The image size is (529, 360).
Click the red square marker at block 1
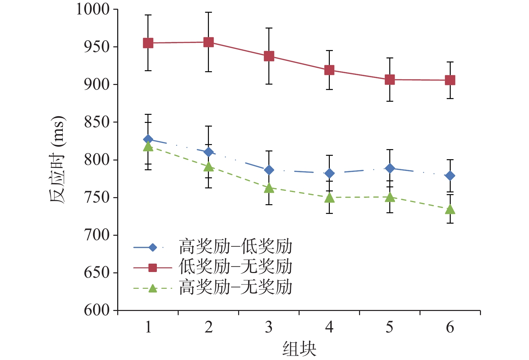pyautogui.click(x=148, y=43)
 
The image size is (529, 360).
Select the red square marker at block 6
pyautogui.click(x=450, y=80)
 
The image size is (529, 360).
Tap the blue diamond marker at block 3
pyautogui.click(x=269, y=170)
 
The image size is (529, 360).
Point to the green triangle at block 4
pyautogui.click(x=329, y=198)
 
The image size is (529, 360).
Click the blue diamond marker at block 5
pyautogui.click(x=390, y=168)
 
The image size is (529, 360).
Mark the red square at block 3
pyautogui.click(x=269, y=56)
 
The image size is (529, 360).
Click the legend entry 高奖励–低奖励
pyautogui.click(x=235, y=247)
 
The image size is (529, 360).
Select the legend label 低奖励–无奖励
pyautogui.click(x=235, y=267)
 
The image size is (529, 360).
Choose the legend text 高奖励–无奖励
pyautogui.click(x=235, y=287)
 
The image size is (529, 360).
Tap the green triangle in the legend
pyautogui.click(x=152, y=288)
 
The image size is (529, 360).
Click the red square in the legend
pyautogui.click(x=152, y=268)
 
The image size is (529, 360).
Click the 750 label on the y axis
pyautogui.click(x=97, y=197)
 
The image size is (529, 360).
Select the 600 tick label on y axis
pyautogui.click(x=97, y=310)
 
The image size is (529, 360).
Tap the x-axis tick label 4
pyautogui.click(x=329, y=327)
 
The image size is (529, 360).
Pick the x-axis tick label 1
pyautogui.click(x=148, y=327)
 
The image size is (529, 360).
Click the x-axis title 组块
pyautogui.click(x=299, y=349)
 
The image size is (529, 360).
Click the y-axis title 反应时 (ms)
pyautogui.click(x=58, y=160)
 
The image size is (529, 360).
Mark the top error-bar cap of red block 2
pyautogui.click(x=209, y=12)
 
